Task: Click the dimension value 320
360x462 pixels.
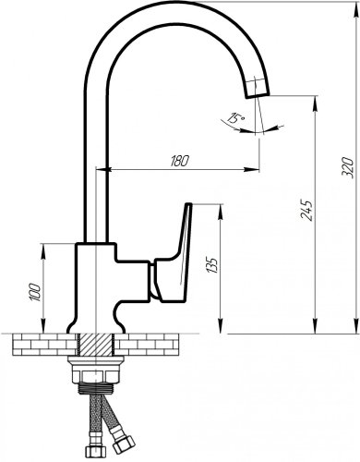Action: tap(348, 166)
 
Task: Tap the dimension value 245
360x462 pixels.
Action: tap(306, 211)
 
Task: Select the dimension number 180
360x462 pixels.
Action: tap(179, 161)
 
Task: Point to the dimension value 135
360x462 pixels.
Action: tap(212, 265)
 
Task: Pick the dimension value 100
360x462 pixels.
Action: tap(34, 293)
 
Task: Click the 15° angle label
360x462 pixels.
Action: tap(235, 118)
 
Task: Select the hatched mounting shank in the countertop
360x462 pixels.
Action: tap(96, 345)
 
